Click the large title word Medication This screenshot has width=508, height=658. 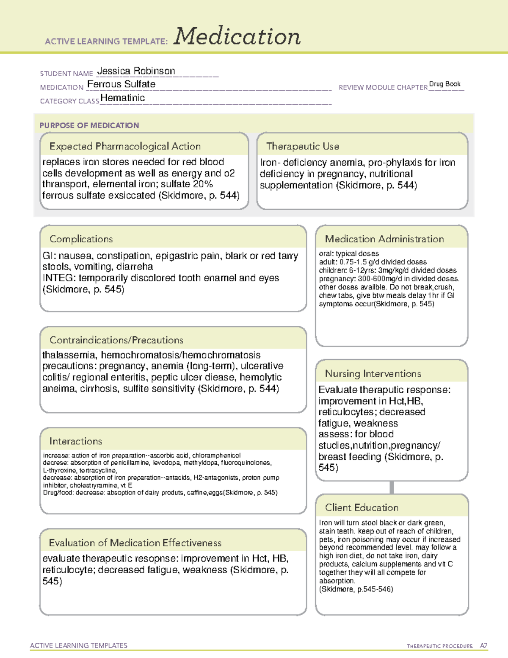pos(237,36)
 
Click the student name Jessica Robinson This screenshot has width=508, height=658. pos(136,71)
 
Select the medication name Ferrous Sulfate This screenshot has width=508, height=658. pos(121,84)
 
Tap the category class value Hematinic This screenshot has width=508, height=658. pos(122,98)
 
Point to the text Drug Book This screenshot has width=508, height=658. pos(444,84)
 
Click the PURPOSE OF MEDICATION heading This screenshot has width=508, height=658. pos(89,125)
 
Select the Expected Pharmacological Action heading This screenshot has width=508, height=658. pos(125,146)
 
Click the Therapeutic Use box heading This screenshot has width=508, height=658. pos(303,146)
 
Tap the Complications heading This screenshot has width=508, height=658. pos(81,239)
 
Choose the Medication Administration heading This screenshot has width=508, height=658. pos(384,239)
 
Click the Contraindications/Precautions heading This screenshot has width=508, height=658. pos(116,340)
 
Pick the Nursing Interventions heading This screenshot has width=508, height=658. pos(373,374)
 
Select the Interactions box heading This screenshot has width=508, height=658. pos(76,441)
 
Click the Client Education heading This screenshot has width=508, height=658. pos(362,508)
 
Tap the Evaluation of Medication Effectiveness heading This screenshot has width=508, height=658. pos(135,543)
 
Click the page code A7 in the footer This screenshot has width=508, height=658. pos(483,646)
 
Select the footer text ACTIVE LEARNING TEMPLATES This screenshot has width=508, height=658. pos(78,645)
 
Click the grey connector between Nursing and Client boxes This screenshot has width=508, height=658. pos(392,488)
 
